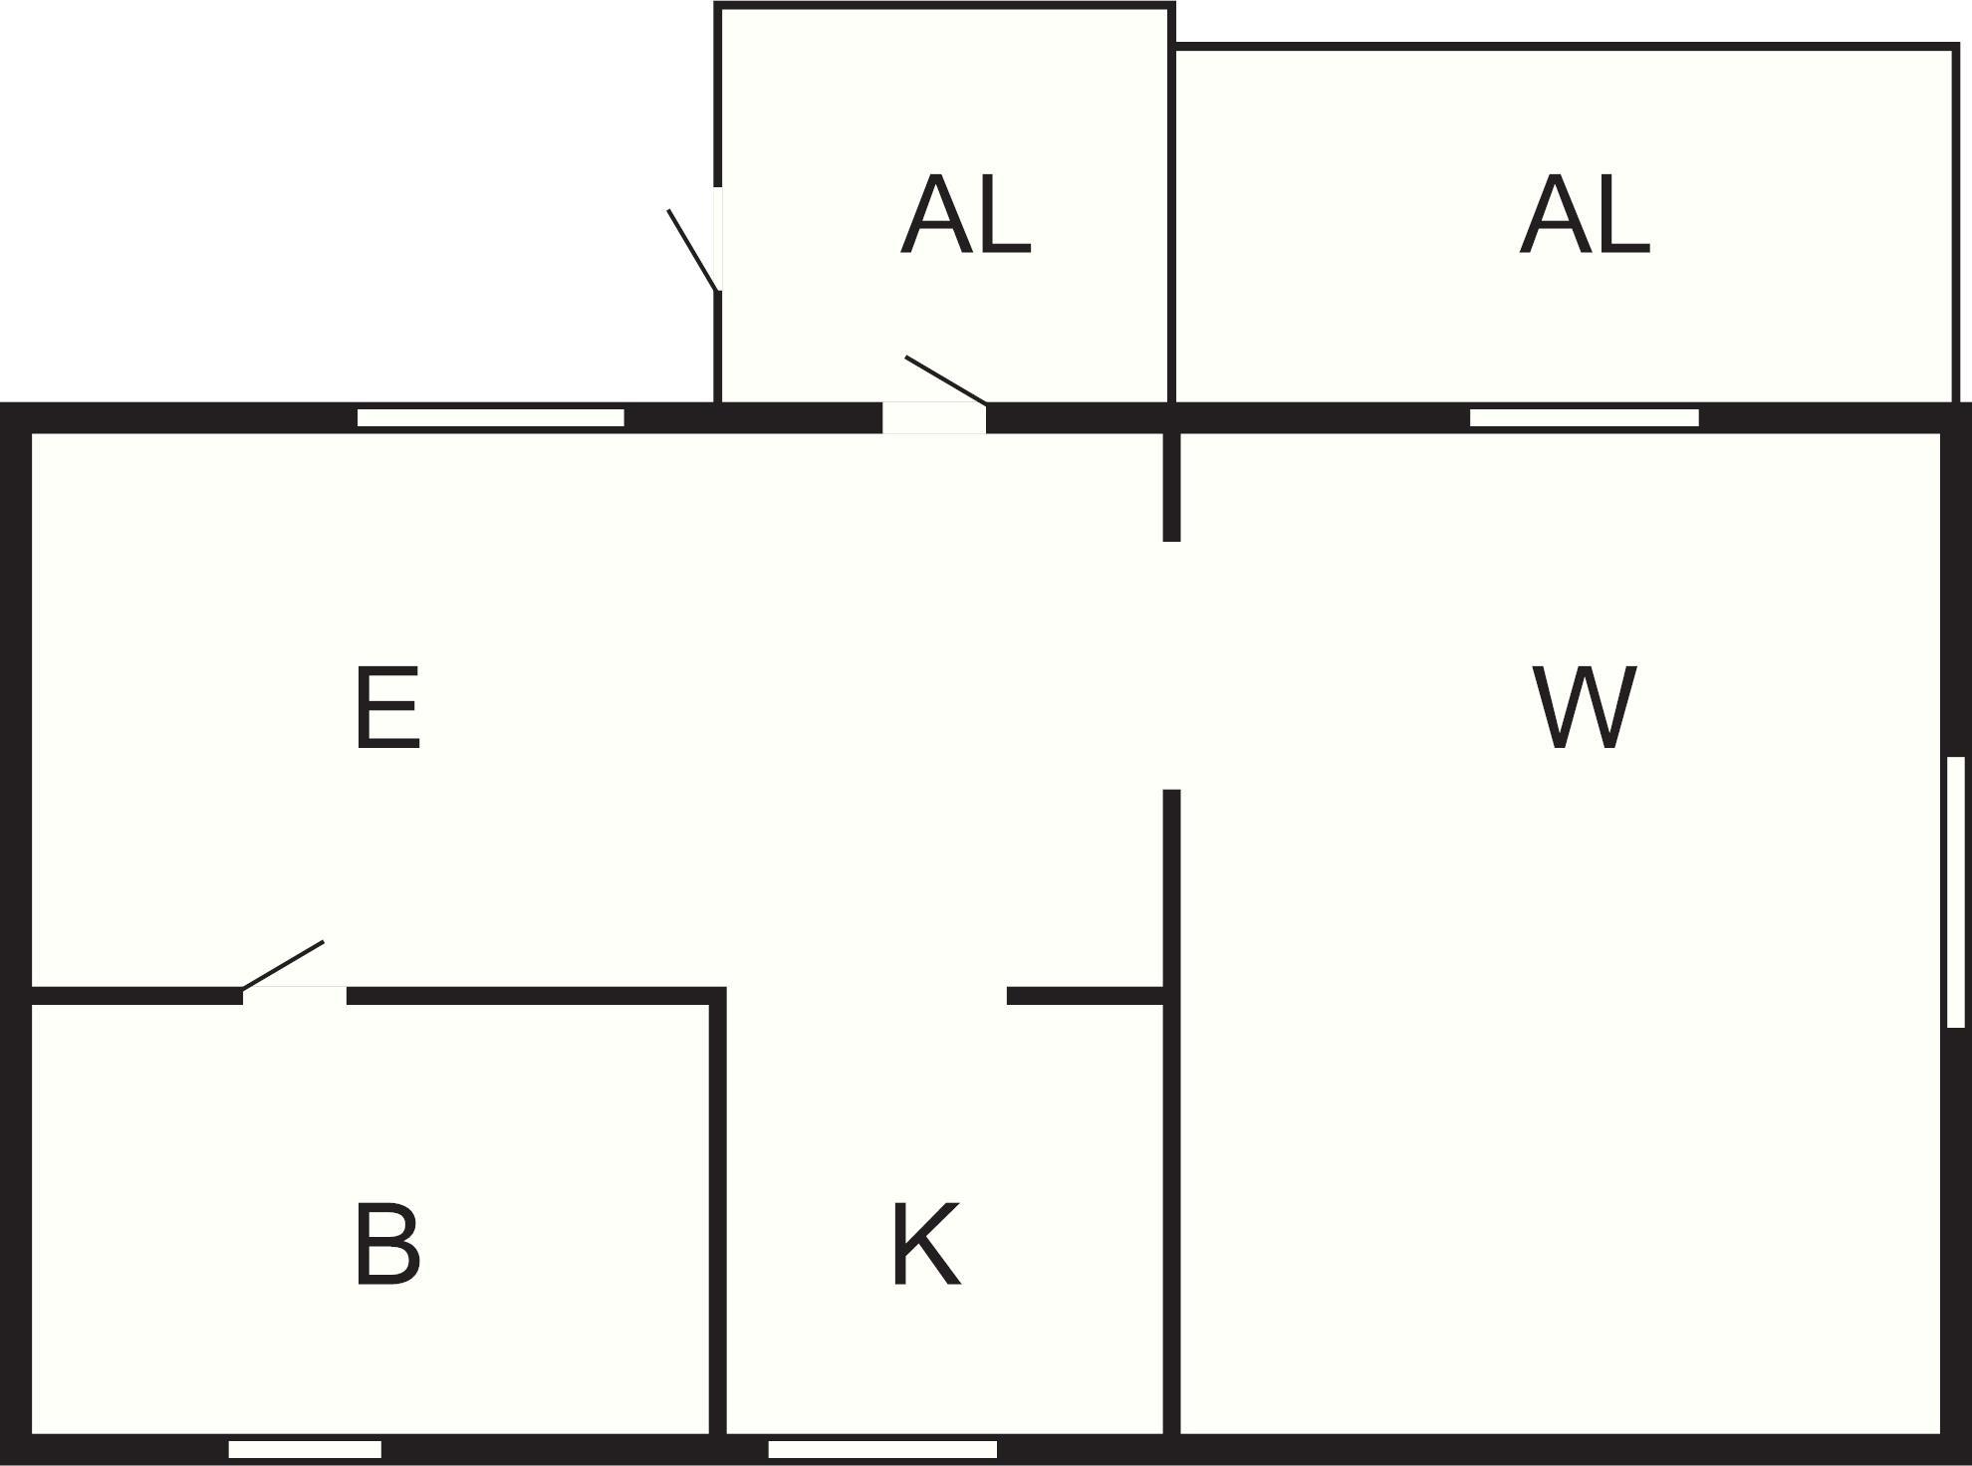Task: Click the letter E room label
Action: click(387, 708)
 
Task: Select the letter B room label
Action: click(387, 1245)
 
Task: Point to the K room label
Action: click(926, 1244)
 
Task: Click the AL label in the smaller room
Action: click(965, 215)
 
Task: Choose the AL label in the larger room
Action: click(1585, 215)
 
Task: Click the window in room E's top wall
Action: click(491, 417)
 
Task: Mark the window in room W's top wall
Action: click(1585, 417)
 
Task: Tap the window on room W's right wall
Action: click(1956, 891)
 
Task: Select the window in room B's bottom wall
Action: click(305, 1449)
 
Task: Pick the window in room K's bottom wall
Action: click(882, 1449)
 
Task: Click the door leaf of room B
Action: click(283, 965)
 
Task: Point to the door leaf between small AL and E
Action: click(946, 380)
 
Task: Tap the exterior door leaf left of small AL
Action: click(693, 250)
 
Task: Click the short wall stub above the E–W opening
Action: click(1172, 487)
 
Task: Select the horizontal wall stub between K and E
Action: click(1086, 996)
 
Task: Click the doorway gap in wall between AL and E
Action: click(934, 418)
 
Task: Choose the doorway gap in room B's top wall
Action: click(295, 996)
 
